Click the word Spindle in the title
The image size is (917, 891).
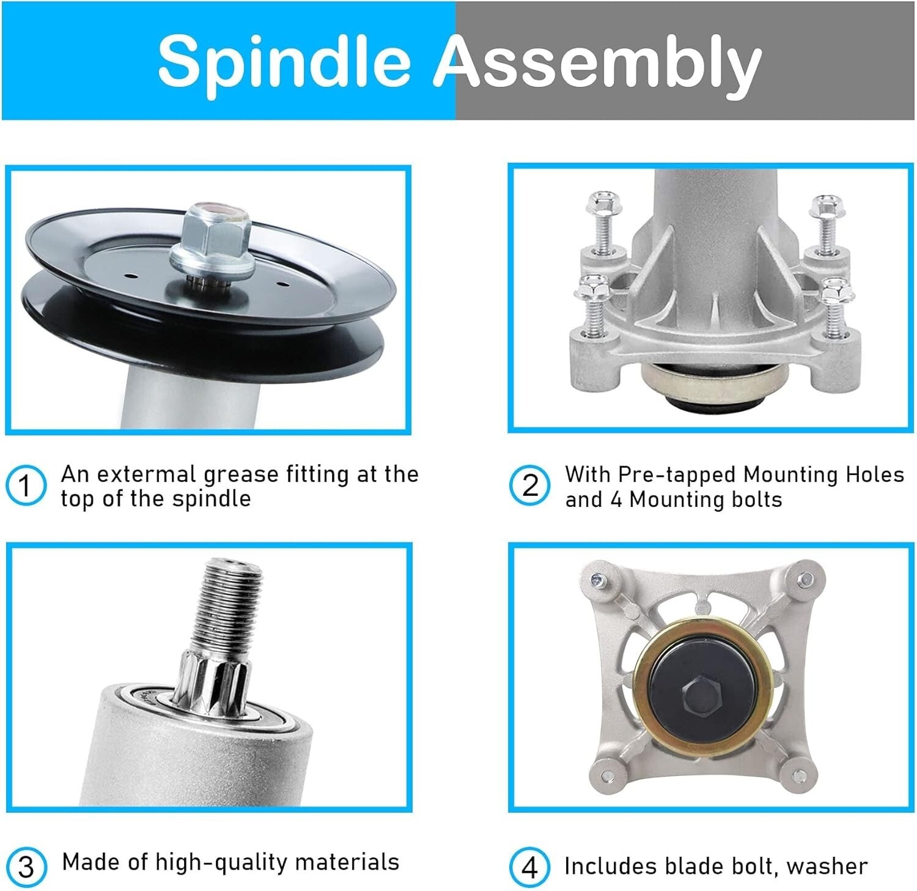click(284, 61)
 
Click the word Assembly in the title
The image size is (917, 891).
click(598, 64)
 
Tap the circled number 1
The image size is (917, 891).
click(26, 486)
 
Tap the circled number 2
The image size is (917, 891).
click(529, 486)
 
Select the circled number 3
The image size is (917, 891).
click(26, 867)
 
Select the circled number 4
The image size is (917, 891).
click(529, 867)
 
